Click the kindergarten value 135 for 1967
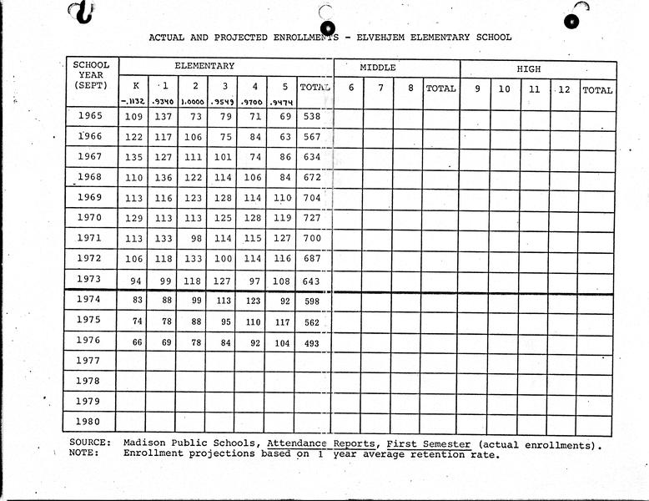pos(133,157)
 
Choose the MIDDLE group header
pos(378,67)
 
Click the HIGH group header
pos(528,67)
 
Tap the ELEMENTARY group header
pos(204,66)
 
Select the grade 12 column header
pos(564,89)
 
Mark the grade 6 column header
pos(350,88)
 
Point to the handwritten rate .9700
pos(254,103)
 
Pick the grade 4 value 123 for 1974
pos(254,302)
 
